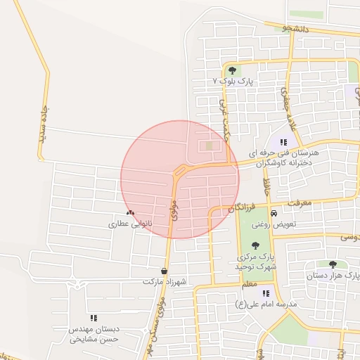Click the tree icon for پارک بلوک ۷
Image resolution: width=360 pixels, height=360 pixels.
233,70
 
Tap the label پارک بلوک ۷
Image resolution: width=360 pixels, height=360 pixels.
233,82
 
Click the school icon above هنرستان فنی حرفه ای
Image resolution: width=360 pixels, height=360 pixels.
283,141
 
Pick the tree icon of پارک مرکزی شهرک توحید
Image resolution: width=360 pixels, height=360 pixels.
255,245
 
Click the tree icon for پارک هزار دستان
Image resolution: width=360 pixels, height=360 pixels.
333,264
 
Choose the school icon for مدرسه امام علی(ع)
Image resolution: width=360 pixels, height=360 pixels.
266,293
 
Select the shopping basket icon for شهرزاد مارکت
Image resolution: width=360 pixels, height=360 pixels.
164,271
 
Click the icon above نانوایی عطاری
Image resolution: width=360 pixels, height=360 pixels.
129,212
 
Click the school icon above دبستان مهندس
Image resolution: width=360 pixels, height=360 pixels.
94,318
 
